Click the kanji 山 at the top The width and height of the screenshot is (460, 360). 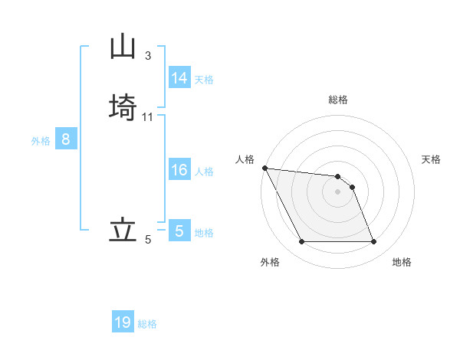coord(123,47)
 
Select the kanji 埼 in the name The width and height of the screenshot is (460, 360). coord(123,106)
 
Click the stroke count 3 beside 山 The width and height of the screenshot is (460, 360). coord(148,55)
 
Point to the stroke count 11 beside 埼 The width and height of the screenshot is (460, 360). coord(148,116)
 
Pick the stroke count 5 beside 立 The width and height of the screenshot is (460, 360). coord(148,240)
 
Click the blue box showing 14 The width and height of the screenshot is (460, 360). coord(179,78)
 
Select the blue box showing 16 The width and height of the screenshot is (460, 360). coord(179,170)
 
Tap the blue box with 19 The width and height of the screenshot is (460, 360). coord(123,322)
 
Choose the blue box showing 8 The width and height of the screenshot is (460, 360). coord(66,139)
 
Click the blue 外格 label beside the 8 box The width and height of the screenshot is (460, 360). coord(41,141)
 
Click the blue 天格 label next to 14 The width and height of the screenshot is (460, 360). coord(204,80)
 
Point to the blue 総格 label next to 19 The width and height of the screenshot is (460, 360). coord(147,324)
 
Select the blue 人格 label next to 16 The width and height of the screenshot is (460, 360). coord(204,172)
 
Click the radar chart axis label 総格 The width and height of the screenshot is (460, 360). coord(338,100)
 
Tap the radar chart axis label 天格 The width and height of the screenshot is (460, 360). coord(432,159)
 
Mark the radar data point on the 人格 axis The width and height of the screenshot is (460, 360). coord(264,168)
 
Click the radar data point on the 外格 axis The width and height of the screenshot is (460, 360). coord(301,242)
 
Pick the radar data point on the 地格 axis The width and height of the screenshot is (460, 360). coord(374,242)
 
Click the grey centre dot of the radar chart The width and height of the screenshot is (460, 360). coord(338,191)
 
